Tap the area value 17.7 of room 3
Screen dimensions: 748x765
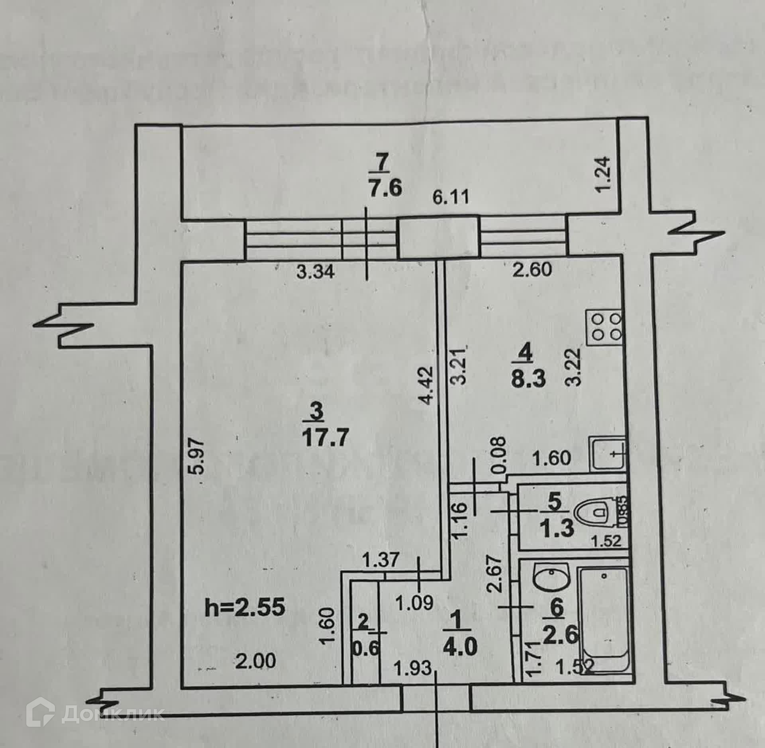click(x=325, y=438)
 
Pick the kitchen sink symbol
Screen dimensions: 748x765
click(x=606, y=454)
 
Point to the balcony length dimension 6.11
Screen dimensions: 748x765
click(x=451, y=198)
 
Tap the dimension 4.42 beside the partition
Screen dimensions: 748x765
click(x=426, y=386)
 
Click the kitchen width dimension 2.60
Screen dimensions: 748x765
click(x=532, y=270)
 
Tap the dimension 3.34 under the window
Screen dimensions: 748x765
click(x=315, y=273)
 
